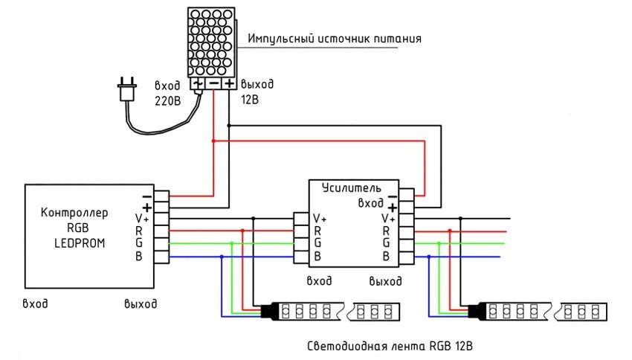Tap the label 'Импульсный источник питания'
[335, 39]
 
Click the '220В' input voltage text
[167, 100]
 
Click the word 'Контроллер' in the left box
[76, 213]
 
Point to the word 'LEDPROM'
[76, 242]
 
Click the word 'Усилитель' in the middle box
[352, 187]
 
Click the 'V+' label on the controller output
[141, 218]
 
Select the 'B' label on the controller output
[139, 257]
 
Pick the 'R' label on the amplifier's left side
[317, 231]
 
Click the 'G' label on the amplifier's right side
[385, 243]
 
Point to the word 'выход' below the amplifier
[385, 281]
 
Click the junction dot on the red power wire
[213, 141]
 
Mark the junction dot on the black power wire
[229, 126]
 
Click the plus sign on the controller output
[146, 206]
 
